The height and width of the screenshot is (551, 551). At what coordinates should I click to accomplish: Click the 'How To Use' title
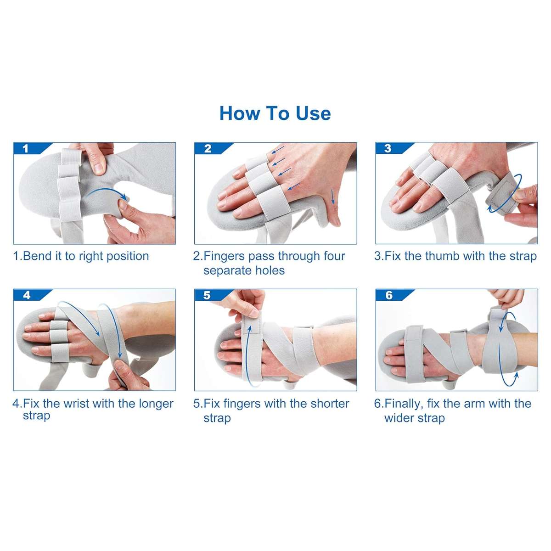(275, 113)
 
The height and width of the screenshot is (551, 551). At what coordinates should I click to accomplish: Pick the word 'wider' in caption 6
(398, 418)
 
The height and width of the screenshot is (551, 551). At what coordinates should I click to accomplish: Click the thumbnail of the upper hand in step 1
(99, 169)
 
